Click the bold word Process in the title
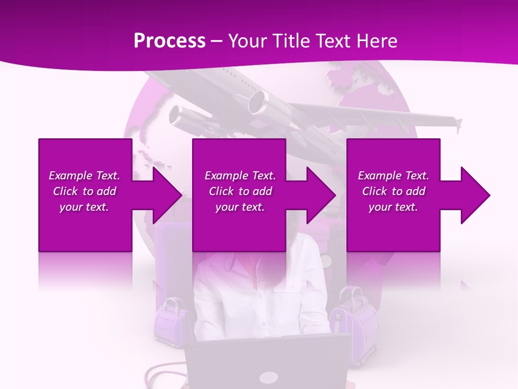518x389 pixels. click(x=169, y=41)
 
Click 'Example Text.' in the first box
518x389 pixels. click(x=84, y=176)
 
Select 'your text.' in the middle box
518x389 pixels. click(x=240, y=207)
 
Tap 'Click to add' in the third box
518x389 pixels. click(x=393, y=191)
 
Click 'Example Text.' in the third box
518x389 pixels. click(x=393, y=176)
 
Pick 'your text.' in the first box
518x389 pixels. click(x=84, y=207)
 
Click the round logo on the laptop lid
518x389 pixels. click(x=267, y=378)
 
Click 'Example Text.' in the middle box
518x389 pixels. click(x=240, y=176)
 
